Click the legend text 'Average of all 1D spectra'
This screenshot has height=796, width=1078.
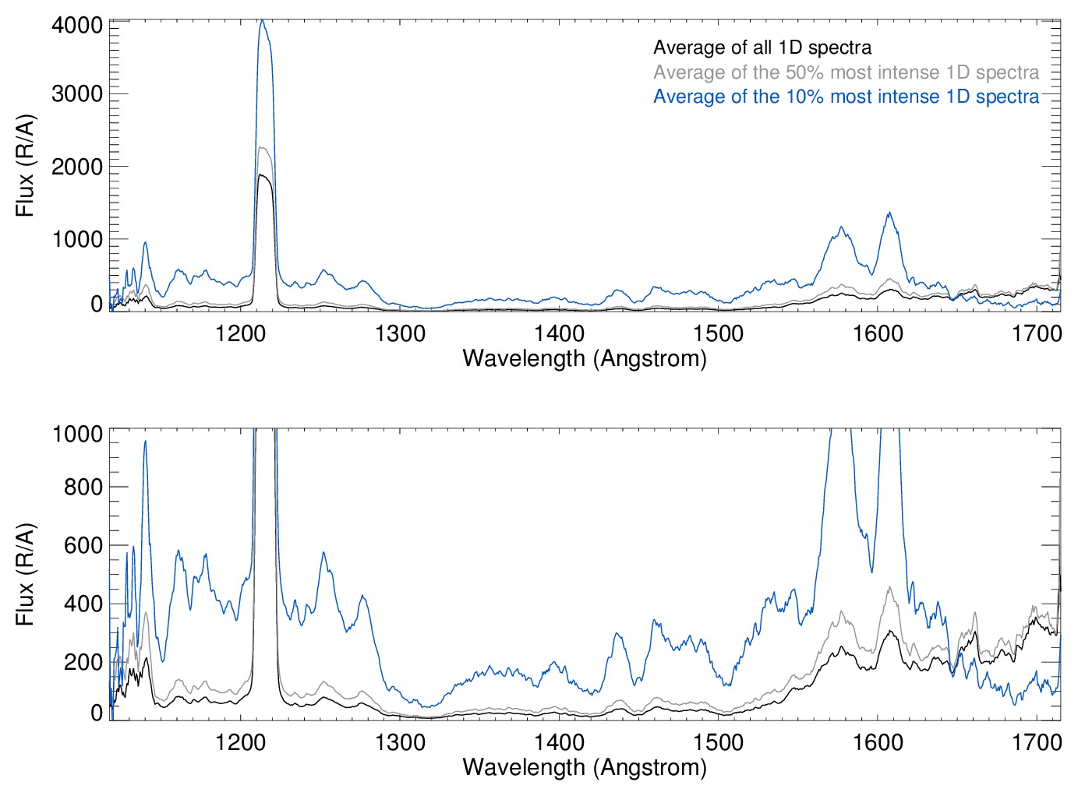coord(762,48)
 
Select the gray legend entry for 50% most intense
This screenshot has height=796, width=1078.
coord(846,72)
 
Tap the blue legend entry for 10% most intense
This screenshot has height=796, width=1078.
coord(846,97)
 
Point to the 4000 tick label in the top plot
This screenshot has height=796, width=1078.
coord(77,26)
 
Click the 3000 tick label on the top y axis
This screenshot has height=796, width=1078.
coord(77,94)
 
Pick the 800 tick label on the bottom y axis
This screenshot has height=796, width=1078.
coord(83,487)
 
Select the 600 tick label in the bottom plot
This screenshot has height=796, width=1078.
coord(83,545)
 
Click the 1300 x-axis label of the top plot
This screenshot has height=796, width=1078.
coord(400,334)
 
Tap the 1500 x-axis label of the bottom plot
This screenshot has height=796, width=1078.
coord(718,742)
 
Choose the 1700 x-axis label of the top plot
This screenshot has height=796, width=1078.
coord(1037,334)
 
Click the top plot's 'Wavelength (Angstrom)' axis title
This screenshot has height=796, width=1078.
coord(585,358)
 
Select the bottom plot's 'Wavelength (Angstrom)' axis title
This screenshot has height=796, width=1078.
coord(585,767)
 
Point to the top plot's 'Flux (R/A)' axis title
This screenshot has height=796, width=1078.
coord(26,166)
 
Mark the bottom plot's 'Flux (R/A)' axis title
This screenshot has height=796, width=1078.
coord(26,574)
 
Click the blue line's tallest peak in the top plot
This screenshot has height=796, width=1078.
coord(263,20)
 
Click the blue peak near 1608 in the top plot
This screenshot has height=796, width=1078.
coord(889,213)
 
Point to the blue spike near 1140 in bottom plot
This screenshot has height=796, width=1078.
coord(145,442)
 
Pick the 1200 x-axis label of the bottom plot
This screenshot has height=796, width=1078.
coord(241,742)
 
